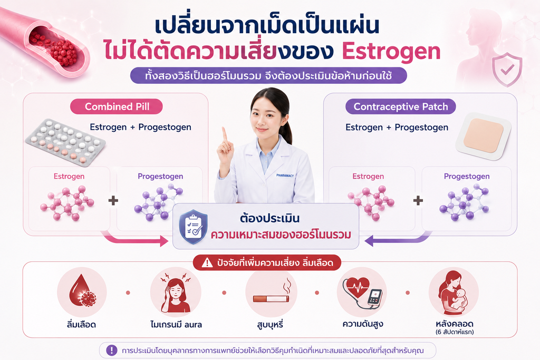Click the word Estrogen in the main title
(391, 52)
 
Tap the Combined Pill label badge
(117, 106)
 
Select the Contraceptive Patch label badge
(401, 106)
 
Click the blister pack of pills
(65, 142)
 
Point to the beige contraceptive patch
(484, 137)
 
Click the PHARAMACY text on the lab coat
(285, 176)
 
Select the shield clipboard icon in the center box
(193, 227)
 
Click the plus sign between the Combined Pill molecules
(113, 200)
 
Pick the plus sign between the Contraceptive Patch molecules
(418, 200)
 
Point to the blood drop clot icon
(82, 291)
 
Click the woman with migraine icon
(176, 293)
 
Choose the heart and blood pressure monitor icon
(362, 293)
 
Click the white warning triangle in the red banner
(207, 264)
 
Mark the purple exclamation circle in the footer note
(112, 351)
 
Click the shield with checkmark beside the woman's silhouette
(507, 69)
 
